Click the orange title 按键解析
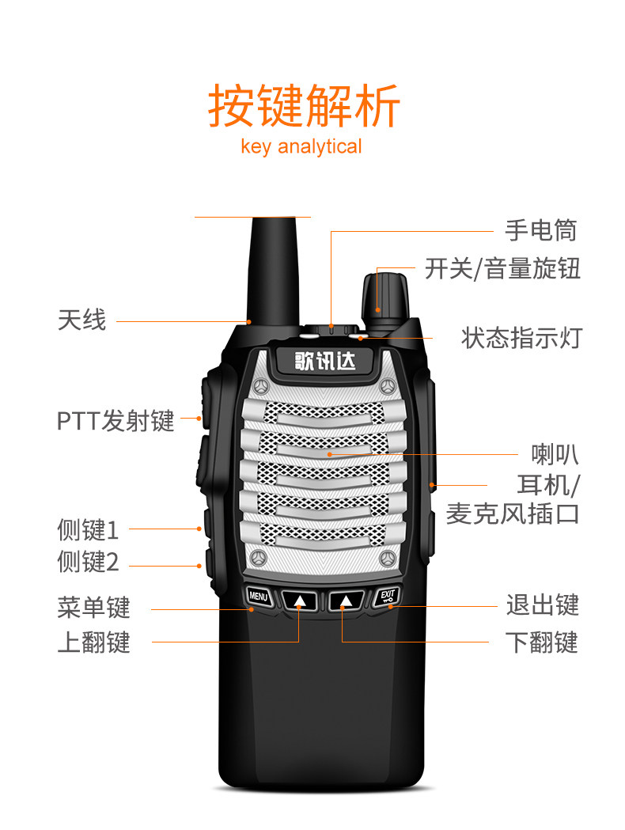click(304, 106)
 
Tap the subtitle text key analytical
click(301, 146)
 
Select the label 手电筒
click(541, 230)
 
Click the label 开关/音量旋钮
click(502, 269)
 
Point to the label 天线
click(81, 320)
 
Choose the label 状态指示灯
click(521, 338)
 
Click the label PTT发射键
click(116, 420)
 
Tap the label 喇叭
click(554, 455)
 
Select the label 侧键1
click(88, 529)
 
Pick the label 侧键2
click(88, 563)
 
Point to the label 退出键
click(542, 605)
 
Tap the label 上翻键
click(93, 642)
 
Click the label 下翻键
click(542, 642)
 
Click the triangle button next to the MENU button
click(300, 601)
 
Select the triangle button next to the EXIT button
click(346, 601)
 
